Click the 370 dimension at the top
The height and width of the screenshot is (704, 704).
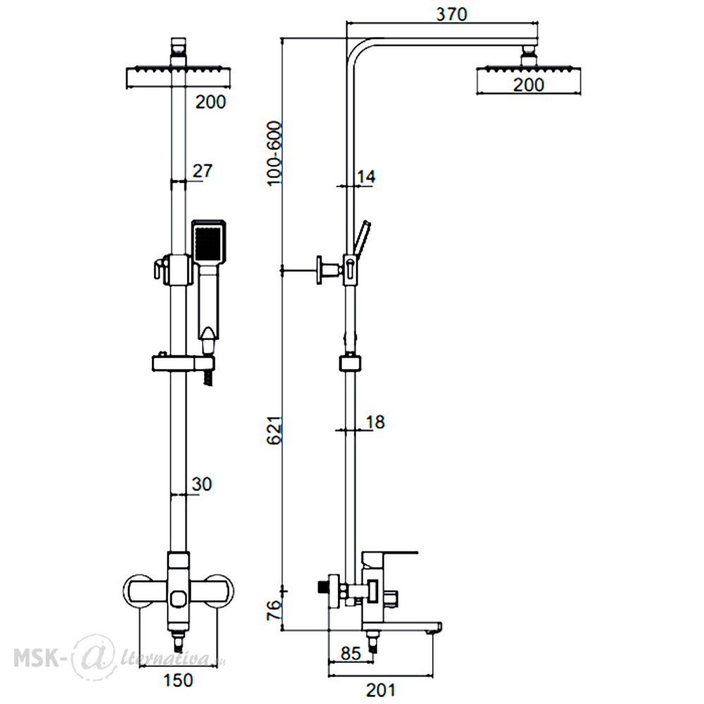point(451,14)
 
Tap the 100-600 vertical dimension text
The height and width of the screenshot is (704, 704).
point(275,153)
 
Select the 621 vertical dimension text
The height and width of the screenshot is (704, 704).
point(275,429)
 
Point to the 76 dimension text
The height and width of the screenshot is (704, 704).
point(275,610)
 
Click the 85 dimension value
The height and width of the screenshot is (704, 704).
point(351,653)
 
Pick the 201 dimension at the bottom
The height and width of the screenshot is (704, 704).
point(381,690)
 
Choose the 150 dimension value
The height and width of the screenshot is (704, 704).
point(178,680)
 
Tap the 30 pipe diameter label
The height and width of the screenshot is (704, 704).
point(201,484)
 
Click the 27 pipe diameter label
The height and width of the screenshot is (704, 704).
point(202,170)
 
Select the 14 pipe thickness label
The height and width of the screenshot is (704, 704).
point(366,177)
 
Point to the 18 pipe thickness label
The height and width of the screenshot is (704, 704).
point(375,422)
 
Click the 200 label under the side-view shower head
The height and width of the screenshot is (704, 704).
point(529,84)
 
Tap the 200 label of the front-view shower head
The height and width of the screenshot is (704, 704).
point(210,102)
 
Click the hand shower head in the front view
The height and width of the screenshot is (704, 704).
point(209,241)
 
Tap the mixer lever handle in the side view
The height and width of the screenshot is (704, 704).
point(390,558)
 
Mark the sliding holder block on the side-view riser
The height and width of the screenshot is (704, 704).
point(350,363)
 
